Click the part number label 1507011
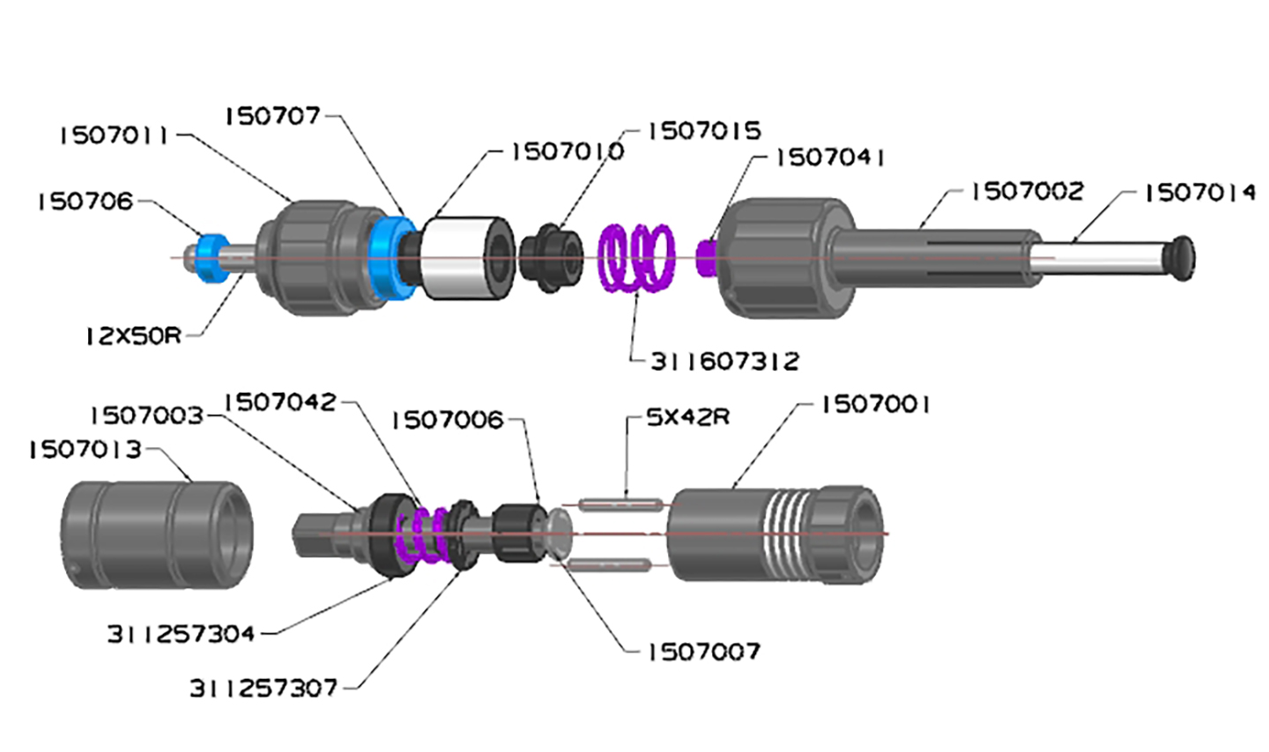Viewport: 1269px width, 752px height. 114,136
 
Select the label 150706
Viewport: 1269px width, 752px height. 85,202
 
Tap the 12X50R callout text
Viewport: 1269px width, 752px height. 134,336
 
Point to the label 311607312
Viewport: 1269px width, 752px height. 724,361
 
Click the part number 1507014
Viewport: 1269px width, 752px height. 1200,193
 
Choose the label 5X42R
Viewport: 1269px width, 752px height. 687,417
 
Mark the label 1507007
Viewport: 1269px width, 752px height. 703,652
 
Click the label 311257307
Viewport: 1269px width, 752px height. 263,689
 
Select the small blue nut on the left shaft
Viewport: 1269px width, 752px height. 211,258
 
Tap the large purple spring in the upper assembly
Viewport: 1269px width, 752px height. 637,258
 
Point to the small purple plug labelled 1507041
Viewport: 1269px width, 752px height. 706,258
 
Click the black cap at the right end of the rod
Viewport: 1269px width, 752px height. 1178,258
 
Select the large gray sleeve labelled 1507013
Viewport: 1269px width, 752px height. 157,535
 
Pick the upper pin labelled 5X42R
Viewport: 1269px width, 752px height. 621,505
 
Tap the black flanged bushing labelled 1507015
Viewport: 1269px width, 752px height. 552,258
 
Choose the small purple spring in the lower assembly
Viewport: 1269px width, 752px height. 422,535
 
